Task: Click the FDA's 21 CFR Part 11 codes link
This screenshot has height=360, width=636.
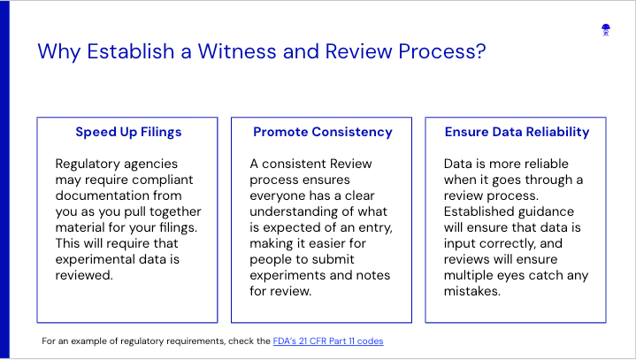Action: click(x=328, y=341)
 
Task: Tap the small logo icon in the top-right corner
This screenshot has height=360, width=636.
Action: click(x=606, y=30)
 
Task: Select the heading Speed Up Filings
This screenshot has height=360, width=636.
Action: click(x=128, y=132)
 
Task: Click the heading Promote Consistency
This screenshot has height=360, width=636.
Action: click(x=323, y=132)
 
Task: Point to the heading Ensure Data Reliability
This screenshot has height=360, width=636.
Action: click(x=517, y=132)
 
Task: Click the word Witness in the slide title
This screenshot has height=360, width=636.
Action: click(x=237, y=51)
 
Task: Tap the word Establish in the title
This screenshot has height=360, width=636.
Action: click(x=131, y=51)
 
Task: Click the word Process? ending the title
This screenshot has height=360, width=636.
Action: click(x=441, y=51)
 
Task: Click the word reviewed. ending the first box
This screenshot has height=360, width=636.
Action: click(x=84, y=275)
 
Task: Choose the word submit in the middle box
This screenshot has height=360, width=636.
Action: click(x=336, y=259)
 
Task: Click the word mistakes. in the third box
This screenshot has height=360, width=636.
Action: click(x=472, y=291)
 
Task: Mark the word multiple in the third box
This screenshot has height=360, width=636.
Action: click(x=469, y=276)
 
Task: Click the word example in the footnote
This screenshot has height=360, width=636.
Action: click(x=88, y=341)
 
